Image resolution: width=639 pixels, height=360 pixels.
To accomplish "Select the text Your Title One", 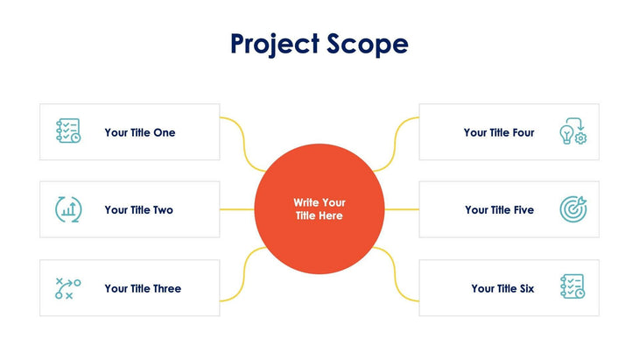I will tap(140, 132).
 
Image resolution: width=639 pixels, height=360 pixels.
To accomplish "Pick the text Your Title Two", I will tap(139, 210).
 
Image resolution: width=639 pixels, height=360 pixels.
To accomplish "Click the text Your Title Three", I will tap(143, 288).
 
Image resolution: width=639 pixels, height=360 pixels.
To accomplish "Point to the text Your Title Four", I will tap(499, 132).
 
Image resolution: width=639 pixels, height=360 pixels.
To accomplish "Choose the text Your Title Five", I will tap(499, 210).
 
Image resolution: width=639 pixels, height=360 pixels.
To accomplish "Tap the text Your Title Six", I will tap(502, 288).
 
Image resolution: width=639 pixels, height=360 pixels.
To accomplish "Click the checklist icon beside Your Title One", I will tap(68, 131).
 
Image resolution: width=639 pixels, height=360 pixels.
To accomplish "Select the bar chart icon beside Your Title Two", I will tap(68, 209).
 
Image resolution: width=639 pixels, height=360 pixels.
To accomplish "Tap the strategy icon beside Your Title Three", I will tap(68, 288).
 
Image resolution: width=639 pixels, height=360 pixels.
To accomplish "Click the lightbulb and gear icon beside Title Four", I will tap(572, 131).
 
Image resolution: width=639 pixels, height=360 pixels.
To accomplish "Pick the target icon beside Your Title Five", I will tap(572, 209).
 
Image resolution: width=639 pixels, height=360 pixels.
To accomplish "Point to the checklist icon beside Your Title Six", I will tap(572, 287).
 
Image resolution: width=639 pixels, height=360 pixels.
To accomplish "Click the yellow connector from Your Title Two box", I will tap(236, 210).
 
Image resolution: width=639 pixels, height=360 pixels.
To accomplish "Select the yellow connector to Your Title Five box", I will tap(402, 210).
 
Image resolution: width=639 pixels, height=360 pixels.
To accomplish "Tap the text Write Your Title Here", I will tap(319, 209).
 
